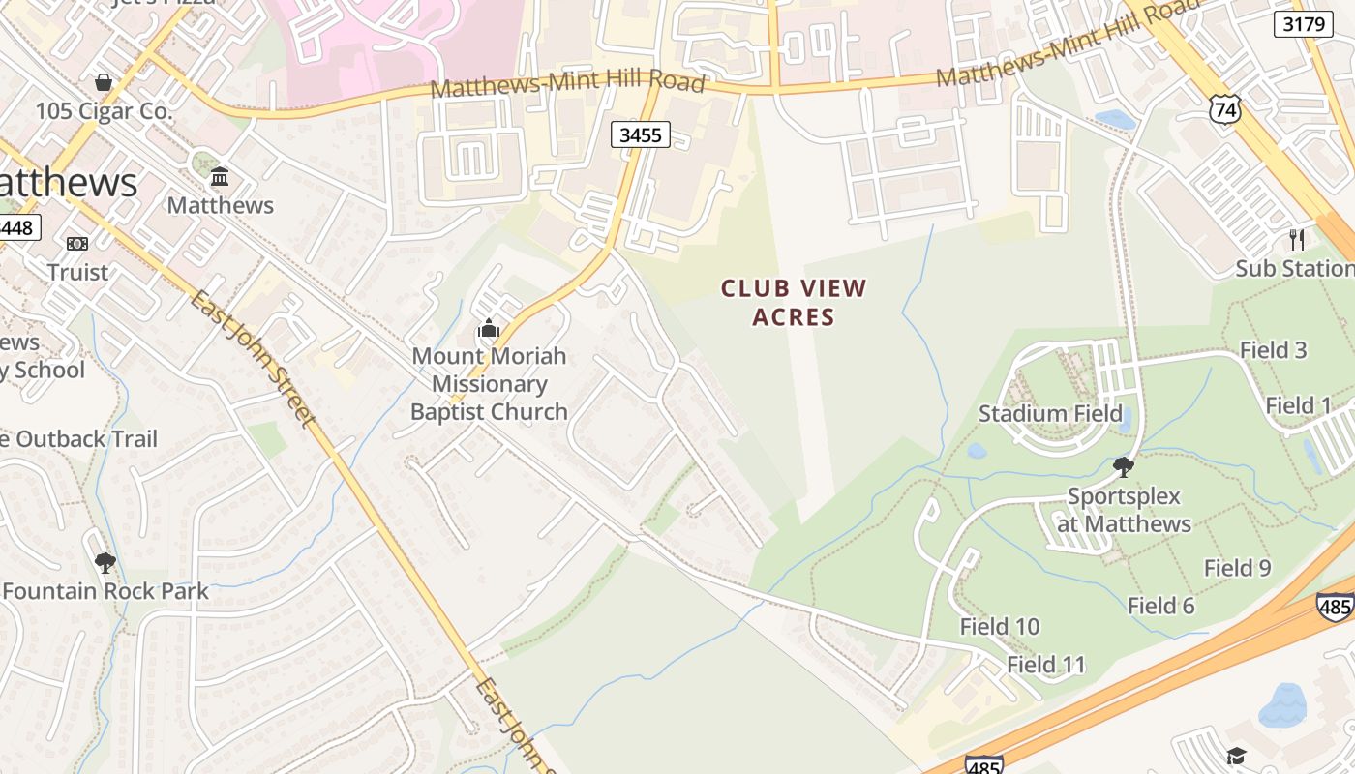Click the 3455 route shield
coord(641,134)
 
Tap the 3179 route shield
coord(1303,24)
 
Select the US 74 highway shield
coord(1224,109)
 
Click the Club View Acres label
coord(794,302)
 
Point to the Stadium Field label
coord(1050,414)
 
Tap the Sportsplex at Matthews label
coord(1124,510)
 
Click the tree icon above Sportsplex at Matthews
coord(1124,468)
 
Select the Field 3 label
coord(1274,350)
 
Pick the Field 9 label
coord(1237,568)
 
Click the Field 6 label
coord(1161,606)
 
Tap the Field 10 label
coord(1000,627)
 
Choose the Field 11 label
coord(1046,665)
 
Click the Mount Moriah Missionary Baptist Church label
coord(489,383)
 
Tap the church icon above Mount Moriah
coord(489,329)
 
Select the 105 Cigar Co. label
coord(104,111)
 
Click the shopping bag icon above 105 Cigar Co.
coord(104,82)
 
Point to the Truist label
coord(77,272)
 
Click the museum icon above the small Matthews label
coord(220,177)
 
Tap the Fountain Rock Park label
coord(105,591)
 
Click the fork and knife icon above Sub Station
coord(1297,239)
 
